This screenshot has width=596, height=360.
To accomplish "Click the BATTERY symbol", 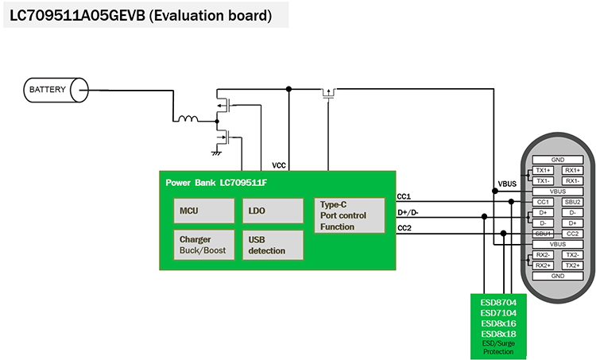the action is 56,90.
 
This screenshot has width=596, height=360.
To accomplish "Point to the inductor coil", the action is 188,118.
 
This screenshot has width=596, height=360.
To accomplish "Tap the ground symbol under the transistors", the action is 216,153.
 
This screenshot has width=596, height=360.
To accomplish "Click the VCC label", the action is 279,165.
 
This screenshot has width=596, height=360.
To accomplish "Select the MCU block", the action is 204,211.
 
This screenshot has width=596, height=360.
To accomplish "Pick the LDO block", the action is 273,211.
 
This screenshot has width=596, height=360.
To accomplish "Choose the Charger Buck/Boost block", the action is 204,245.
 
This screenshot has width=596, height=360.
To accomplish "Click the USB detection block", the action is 273,245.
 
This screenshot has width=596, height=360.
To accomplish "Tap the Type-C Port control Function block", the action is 350,215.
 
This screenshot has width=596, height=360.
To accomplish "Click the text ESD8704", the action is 498,303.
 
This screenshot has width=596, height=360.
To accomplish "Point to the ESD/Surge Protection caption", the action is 498,347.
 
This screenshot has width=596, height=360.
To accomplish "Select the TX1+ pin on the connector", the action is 543,170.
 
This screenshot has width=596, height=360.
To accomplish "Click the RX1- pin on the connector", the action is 572,181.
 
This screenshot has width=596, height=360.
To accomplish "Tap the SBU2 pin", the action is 572,202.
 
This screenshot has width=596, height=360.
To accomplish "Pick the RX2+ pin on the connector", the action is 543,265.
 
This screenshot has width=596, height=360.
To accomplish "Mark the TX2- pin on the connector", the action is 572,254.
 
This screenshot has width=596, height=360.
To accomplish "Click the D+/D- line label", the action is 408,212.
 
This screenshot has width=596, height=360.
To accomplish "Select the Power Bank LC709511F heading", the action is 216,183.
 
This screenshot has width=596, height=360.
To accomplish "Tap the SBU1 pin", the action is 543,234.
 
